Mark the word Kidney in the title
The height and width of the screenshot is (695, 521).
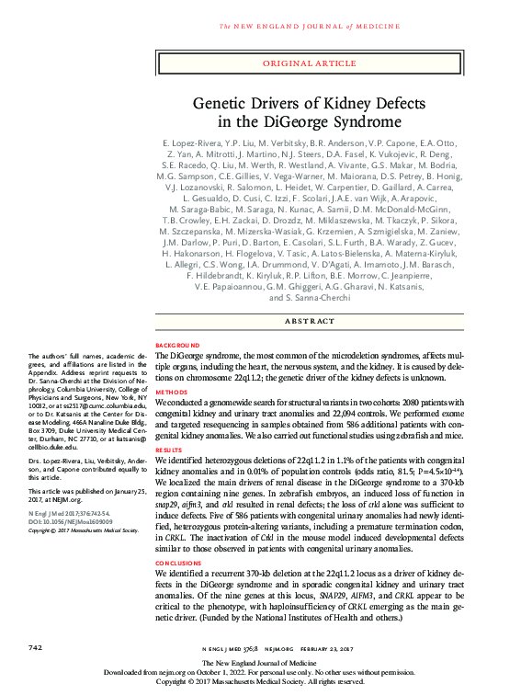[x=334, y=104]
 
